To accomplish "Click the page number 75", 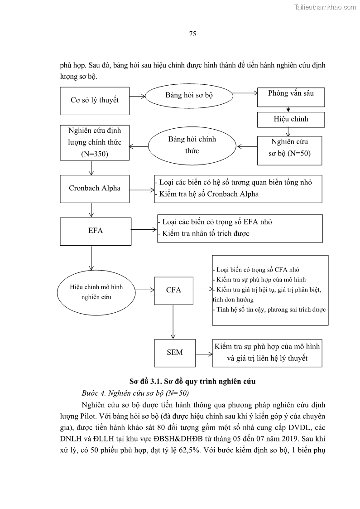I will pos(192,34).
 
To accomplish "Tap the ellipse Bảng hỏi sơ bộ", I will pos(188,96).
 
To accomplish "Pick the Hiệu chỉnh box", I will pos(290,119).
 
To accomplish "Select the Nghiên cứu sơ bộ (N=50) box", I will pos(289,147).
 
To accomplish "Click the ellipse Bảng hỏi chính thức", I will pos(192,145).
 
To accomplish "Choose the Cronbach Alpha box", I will pos(95,188).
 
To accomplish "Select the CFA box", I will pos(173,290).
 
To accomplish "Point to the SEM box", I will pos(174,352).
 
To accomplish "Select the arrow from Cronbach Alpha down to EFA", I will pos(92,210).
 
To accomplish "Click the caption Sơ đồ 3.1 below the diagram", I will pos(192,381).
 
